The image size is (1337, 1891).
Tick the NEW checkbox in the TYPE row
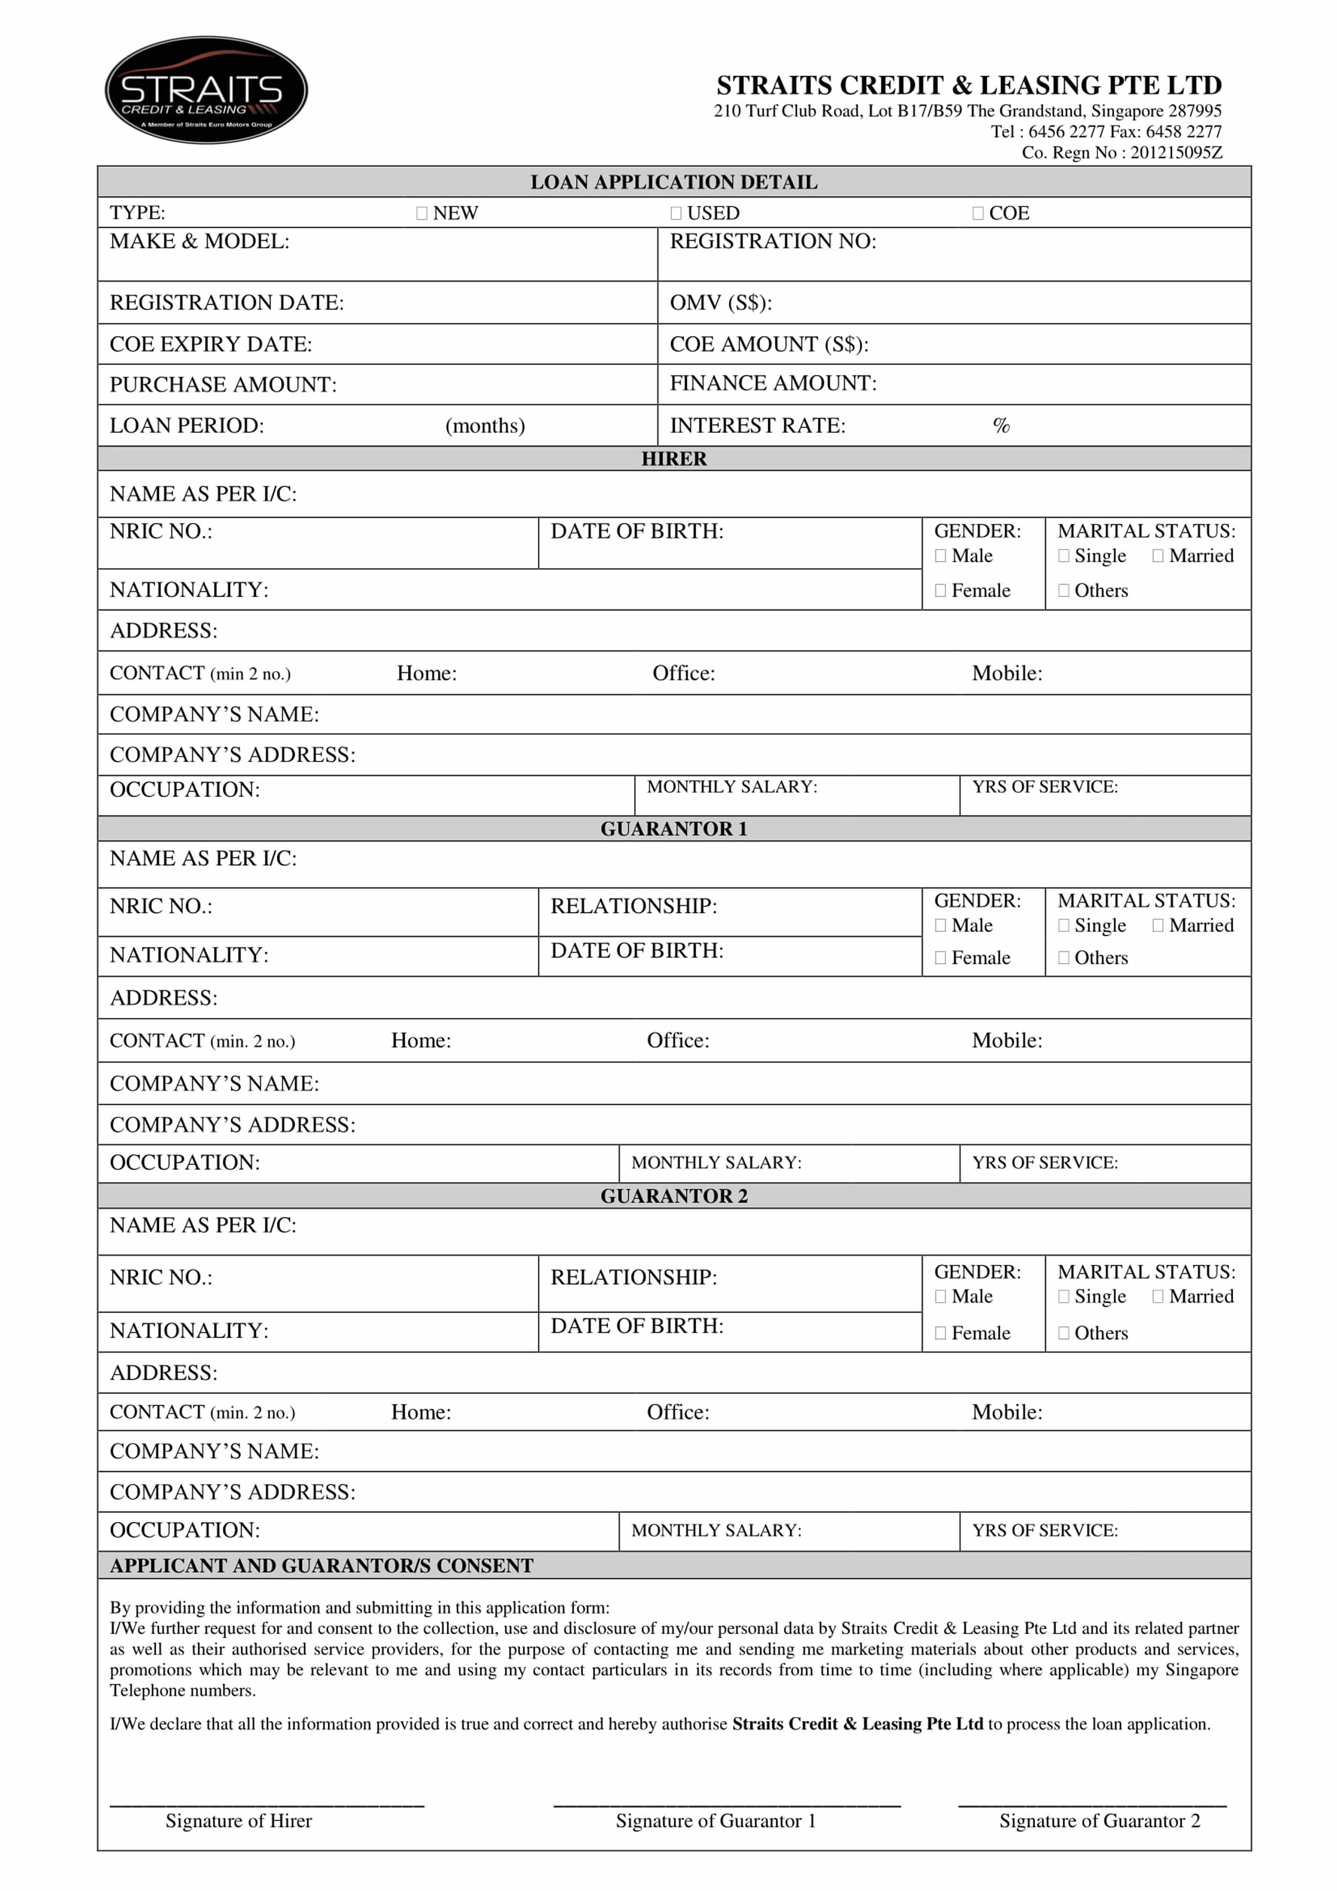[x=422, y=213]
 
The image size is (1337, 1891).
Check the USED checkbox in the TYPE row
[x=676, y=213]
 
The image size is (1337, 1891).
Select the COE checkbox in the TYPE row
[x=978, y=213]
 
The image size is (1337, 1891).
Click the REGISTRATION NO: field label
[x=773, y=241]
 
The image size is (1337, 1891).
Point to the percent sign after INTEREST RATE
[x=1001, y=426]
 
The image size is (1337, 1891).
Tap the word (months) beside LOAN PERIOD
[x=485, y=426]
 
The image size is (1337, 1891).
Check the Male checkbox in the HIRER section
[x=940, y=556]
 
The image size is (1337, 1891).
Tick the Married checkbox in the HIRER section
[x=1158, y=556]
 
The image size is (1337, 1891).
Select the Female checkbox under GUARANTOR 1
[x=940, y=958]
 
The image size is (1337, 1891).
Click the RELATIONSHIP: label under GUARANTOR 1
[x=634, y=906]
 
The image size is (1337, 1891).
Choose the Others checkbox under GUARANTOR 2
[x=1064, y=1334]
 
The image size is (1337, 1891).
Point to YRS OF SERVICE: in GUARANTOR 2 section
[x=1045, y=1530]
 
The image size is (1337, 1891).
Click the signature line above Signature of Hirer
[x=267, y=1806]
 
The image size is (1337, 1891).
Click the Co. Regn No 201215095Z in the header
[x=1122, y=153]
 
